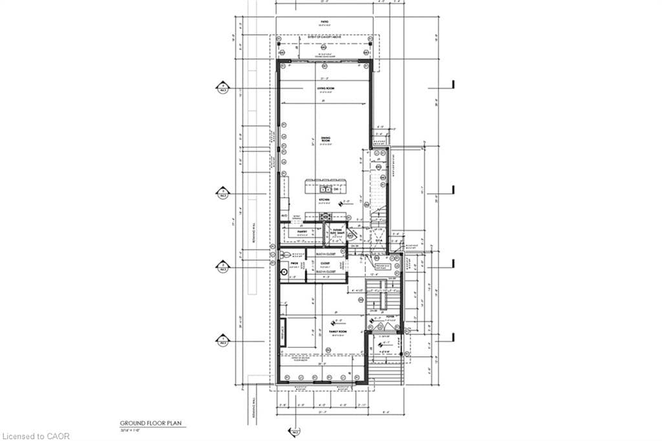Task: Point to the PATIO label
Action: tap(325, 22)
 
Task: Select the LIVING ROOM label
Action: tap(325, 89)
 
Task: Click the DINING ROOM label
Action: tap(325, 139)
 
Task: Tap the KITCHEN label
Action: tap(325, 200)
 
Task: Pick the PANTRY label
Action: tap(303, 230)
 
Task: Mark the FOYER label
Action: tap(389, 317)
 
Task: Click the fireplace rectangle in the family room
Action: tap(283, 332)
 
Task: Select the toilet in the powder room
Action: tap(283, 255)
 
